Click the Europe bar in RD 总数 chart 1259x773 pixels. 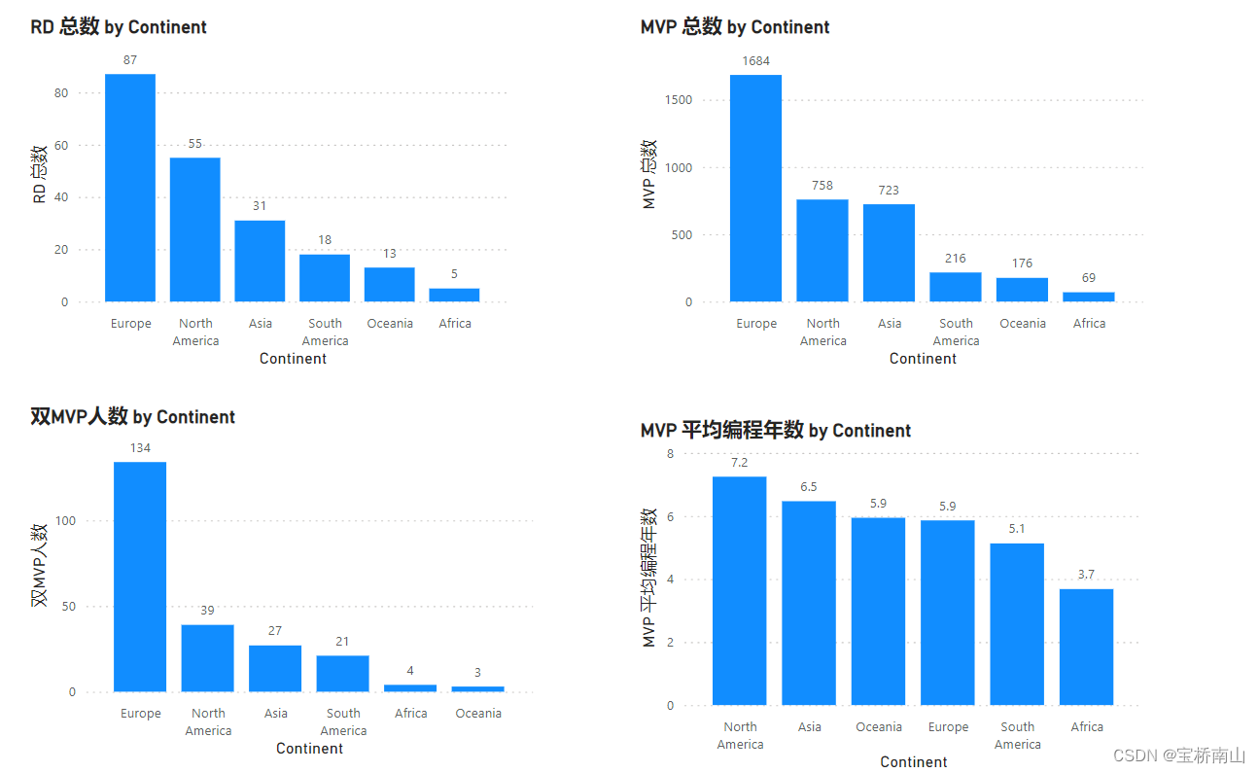[130, 188]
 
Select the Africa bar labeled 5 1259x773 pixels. [454, 295]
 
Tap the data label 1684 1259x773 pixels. [755, 61]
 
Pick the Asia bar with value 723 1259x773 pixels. [889, 253]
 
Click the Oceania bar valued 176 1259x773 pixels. [1023, 290]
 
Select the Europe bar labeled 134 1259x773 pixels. [140, 577]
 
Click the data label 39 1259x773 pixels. [207, 611]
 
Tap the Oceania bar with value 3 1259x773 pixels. [477, 688]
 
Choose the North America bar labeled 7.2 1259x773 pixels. [740, 590]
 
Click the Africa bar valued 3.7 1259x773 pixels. [1086, 647]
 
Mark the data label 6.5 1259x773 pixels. [809, 486]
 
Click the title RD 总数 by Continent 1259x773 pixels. [119, 27]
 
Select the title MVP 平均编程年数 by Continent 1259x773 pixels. [776, 431]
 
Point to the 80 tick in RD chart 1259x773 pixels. [62, 93]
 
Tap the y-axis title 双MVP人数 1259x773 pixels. [40, 566]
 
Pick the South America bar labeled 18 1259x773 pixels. [325, 278]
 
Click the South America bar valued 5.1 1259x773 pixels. [1017, 624]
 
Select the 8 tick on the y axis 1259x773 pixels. [670, 454]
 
